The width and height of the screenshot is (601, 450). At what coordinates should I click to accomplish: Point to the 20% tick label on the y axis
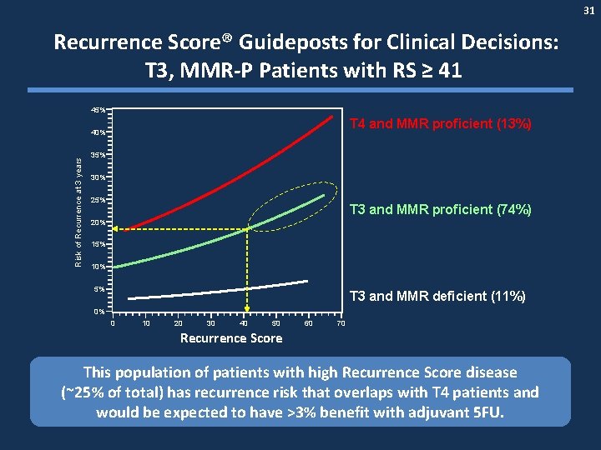point(98,222)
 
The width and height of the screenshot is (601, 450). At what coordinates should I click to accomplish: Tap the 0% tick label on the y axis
point(99,312)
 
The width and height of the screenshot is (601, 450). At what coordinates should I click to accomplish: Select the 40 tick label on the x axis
point(244,323)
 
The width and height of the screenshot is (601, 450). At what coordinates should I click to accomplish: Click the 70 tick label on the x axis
point(341,323)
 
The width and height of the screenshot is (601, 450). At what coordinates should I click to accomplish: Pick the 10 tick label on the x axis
point(146,323)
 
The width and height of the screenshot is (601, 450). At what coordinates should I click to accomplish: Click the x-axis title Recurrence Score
point(231,338)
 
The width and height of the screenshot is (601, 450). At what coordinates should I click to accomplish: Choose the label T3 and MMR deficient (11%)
point(441,296)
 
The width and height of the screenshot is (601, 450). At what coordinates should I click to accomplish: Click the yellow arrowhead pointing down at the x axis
point(245,307)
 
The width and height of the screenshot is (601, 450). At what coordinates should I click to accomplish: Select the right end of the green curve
point(324,197)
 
